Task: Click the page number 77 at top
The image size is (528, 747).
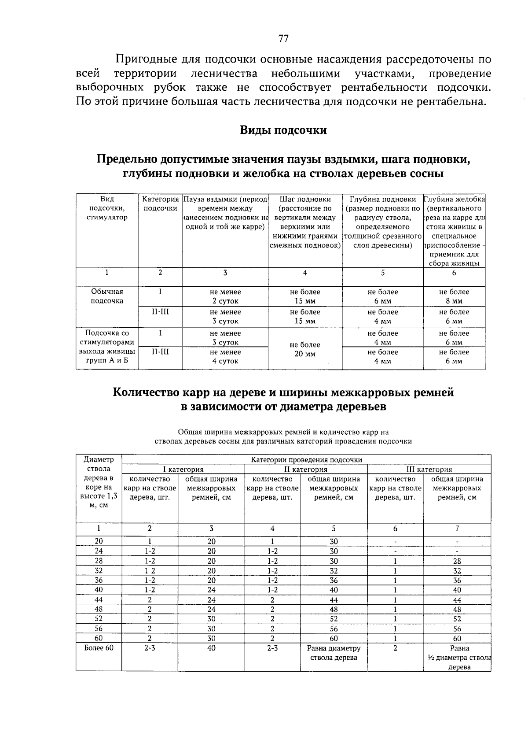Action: coord(283,39)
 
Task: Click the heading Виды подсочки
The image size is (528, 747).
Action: coord(283,130)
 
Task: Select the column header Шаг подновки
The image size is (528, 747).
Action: coord(305,199)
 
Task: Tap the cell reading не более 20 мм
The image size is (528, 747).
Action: coord(305,349)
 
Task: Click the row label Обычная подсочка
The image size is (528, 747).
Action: coord(107,296)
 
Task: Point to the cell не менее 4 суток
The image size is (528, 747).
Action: coord(225,357)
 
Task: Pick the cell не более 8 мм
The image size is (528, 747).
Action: coord(454,296)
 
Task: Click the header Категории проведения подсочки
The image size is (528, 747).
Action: coord(306,460)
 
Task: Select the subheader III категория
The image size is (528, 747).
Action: coord(429,470)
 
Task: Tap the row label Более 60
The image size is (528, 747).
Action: coord(99,648)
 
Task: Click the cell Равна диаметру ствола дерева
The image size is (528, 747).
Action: coord(334,653)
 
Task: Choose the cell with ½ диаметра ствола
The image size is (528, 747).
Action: coord(458,658)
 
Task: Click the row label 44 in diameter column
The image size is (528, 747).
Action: coord(99,599)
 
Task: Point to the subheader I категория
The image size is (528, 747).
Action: coord(183,470)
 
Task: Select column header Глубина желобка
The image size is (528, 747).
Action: coord(454,199)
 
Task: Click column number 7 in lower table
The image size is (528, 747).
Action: coord(457,529)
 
